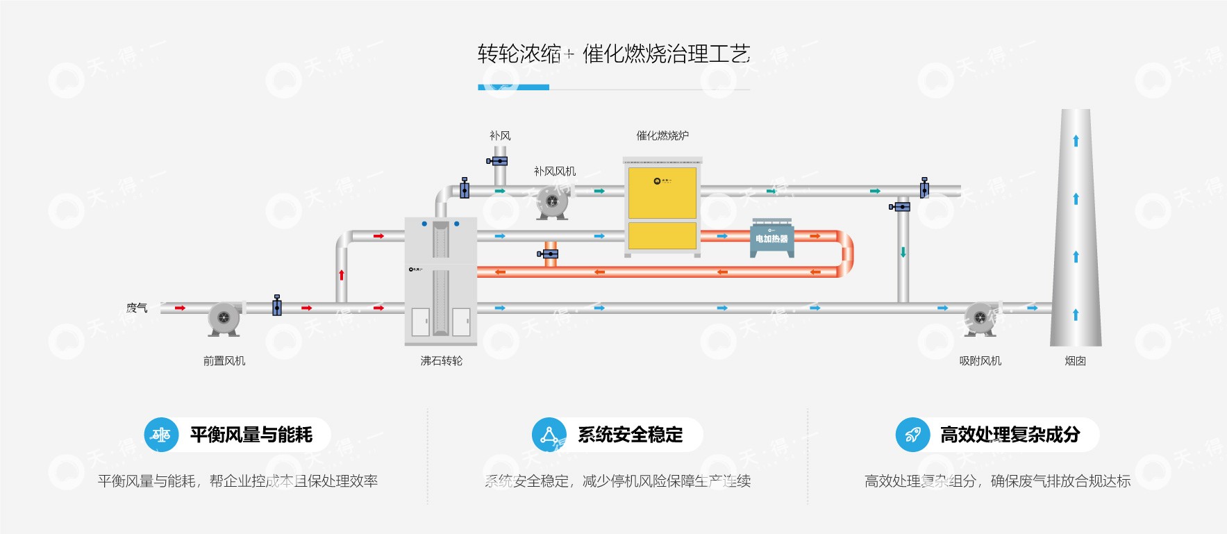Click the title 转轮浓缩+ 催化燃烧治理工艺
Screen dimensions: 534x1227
pos(614,53)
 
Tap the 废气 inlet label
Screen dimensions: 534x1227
pos(137,308)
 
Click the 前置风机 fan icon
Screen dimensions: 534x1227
pos(224,319)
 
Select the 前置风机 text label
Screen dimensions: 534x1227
pos(224,361)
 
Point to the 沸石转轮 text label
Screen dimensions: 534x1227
pos(441,361)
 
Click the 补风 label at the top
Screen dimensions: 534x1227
pos(500,136)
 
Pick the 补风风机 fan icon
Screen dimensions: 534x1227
pos(553,202)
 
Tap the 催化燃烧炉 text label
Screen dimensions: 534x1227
pos(662,136)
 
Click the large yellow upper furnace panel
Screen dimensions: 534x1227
pos(662,192)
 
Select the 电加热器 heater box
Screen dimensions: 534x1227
pos(772,238)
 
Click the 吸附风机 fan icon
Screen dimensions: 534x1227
pos(980,319)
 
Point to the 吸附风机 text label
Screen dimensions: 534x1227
pos(980,361)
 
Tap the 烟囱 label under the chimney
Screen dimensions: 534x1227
pos(1075,361)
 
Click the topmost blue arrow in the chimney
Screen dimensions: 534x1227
pos(1076,141)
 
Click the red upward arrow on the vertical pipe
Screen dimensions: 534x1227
pos(342,274)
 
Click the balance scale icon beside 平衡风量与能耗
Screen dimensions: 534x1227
pos(161,435)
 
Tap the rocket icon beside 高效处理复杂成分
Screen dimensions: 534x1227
pos(912,435)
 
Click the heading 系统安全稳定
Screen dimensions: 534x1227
pos(630,435)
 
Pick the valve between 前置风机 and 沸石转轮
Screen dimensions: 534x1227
pos(277,306)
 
